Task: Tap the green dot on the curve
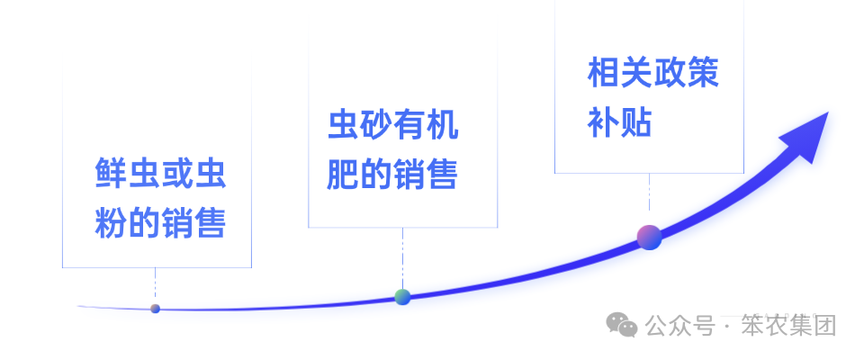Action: tap(402, 297)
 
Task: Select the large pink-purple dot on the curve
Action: tap(649, 238)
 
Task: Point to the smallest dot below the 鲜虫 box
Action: tap(156, 309)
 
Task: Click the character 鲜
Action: tap(112, 173)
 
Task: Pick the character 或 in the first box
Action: tap(177, 173)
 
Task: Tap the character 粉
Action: tap(112, 222)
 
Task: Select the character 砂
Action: tap(376, 125)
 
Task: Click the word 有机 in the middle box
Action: tap(426, 125)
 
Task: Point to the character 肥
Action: tap(343, 175)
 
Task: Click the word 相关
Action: tap(620, 72)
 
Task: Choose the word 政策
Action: tap(686, 72)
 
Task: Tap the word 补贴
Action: tap(620, 121)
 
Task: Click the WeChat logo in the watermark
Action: tap(622, 325)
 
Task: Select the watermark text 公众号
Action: tap(680, 325)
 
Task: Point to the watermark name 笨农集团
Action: tap(788, 325)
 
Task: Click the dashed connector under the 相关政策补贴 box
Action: tap(649, 192)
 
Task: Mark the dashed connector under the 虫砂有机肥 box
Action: tap(403, 257)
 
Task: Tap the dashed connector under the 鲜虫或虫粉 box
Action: tap(156, 283)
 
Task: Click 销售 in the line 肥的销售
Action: tap(426, 175)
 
